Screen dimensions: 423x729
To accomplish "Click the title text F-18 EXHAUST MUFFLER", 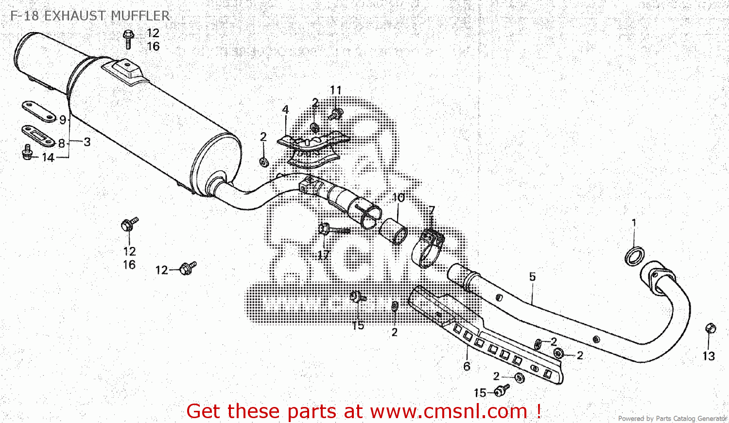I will (90, 16).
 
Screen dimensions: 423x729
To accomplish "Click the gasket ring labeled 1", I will (634, 256).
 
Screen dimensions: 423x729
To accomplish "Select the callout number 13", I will (709, 356).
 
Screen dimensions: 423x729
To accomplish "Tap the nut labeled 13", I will (710, 329).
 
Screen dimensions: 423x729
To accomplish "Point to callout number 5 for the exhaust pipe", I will (532, 277).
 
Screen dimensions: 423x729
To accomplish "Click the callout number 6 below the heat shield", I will (467, 366).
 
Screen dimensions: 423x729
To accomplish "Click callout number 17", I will (324, 255).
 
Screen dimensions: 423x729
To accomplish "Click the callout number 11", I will (335, 90).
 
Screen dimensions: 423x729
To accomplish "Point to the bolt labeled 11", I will (335, 114).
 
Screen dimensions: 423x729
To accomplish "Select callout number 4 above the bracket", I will (285, 109).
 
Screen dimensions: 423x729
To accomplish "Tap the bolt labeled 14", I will (27, 152).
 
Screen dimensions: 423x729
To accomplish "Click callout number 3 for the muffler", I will (87, 142).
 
